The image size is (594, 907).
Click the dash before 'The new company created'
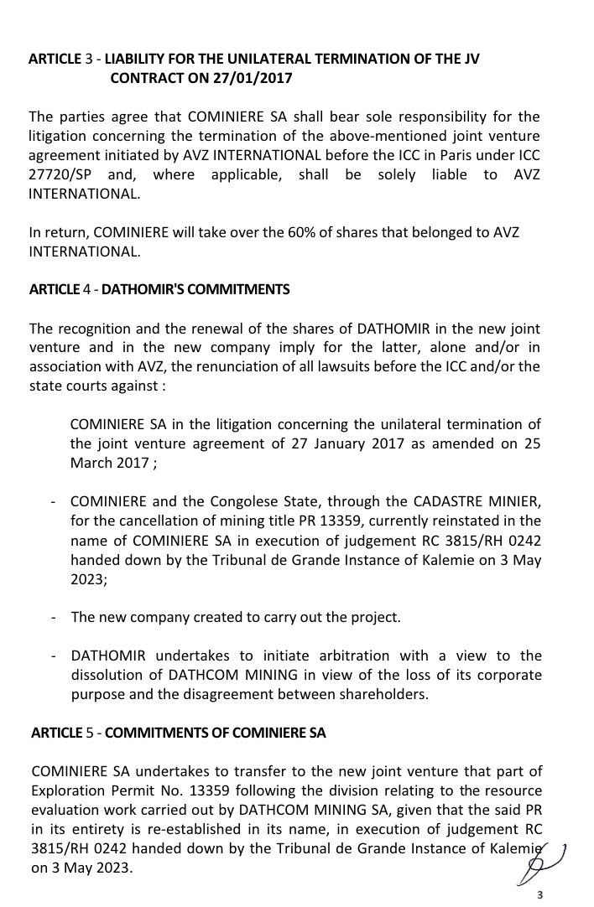tap(54, 617)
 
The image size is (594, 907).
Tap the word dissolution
tap(108, 675)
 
